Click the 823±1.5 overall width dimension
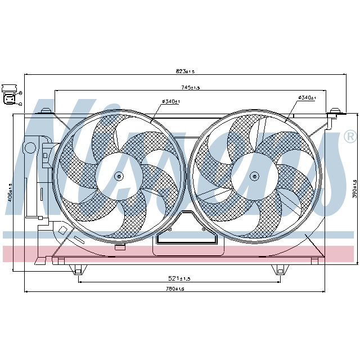point(185,71)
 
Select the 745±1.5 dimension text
point(191,87)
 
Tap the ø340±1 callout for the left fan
point(170,101)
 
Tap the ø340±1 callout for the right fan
point(307,98)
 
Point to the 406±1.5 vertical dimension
point(10,192)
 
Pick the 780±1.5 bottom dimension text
point(175,289)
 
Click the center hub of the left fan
point(119,177)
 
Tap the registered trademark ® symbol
point(349,137)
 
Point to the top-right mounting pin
point(336,111)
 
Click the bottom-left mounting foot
point(78,271)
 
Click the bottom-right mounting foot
point(278,271)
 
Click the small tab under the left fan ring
point(119,246)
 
